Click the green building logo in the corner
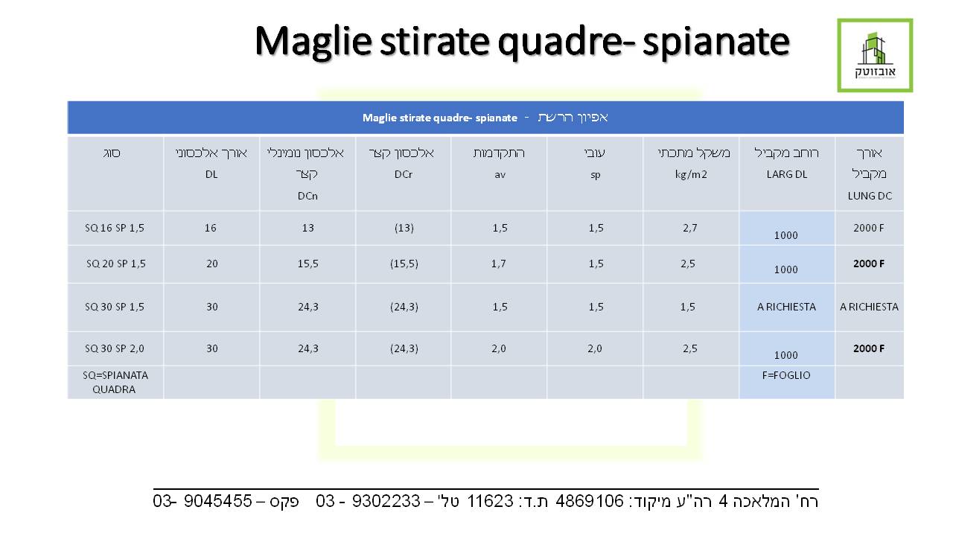click(x=875, y=55)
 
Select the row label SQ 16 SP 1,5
click(x=115, y=228)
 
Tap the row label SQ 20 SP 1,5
click(x=115, y=264)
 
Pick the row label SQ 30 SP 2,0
click(x=115, y=349)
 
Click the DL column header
click(x=211, y=174)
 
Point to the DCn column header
click(x=307, y=196)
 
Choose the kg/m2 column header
click(x=691, y=175)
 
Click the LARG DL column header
click(x=787, y=174)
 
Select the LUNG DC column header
click(x=870, y=196)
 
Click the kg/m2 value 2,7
click(x=690, y=229)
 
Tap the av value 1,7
click(x=499, y=264)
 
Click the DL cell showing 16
click(x=211, y=228)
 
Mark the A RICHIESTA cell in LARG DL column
click(x=787, y=307)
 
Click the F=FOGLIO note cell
click(x=786, y=375)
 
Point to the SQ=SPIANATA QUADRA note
click(x=115, y=383)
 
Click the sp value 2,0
click(x=595, y=349)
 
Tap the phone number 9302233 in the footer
click(x=386, y=501)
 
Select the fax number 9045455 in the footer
click(x=218, y=501)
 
